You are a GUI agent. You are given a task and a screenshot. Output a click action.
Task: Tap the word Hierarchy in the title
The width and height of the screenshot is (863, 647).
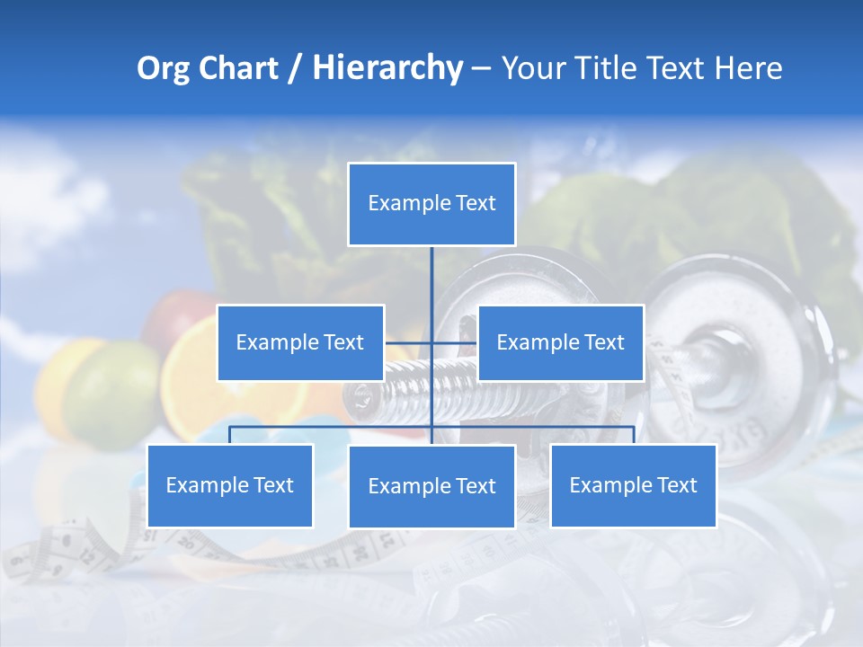(387, 68)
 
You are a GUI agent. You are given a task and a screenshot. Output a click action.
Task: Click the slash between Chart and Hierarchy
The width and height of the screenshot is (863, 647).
(295, 68)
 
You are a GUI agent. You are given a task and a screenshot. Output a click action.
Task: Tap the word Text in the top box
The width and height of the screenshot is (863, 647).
(476, 203)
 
